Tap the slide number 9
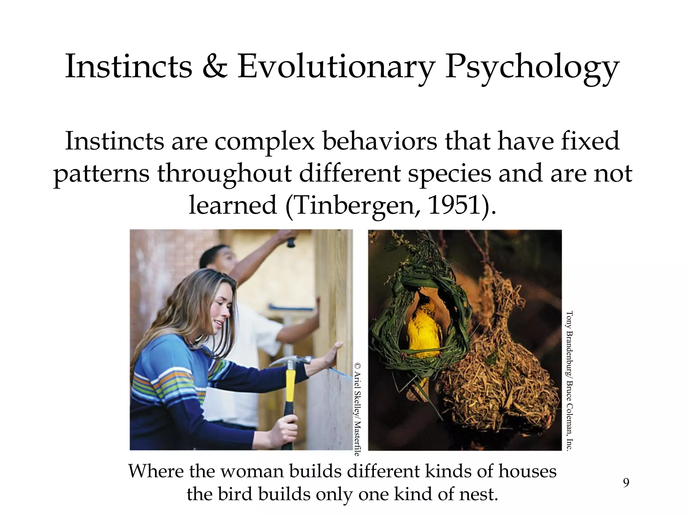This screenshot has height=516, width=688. click(x=626, y=483)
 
